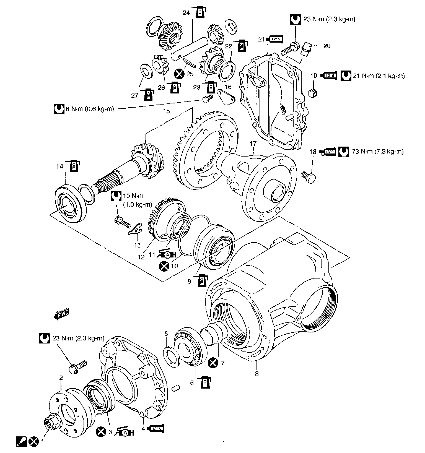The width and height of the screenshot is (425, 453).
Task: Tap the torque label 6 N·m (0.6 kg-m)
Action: click(89, 109)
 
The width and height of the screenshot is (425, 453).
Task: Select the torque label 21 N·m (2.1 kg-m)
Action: click(378, 76)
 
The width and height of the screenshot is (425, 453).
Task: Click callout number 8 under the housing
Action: click(257, 373)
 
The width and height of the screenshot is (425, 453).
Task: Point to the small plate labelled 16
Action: click(226, 97)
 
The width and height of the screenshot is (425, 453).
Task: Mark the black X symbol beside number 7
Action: click(213, 363)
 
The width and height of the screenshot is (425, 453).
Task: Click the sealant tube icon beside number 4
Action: click(157, 429)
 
